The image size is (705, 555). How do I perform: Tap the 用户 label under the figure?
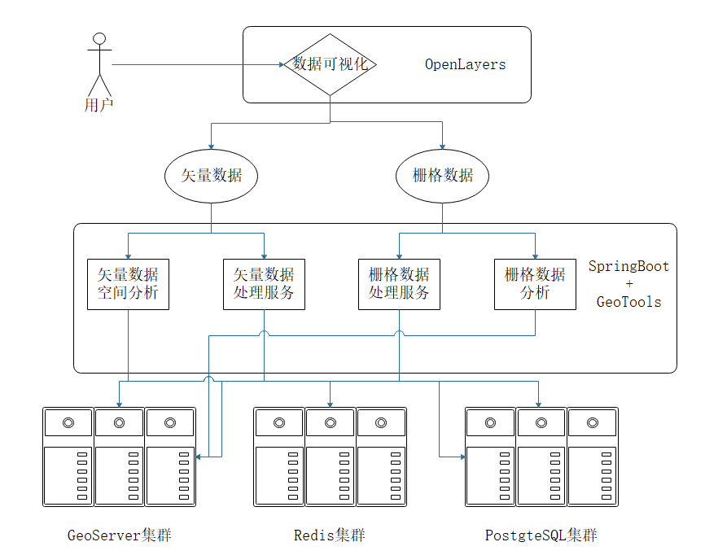(99, 105)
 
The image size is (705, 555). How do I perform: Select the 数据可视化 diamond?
(330, 64)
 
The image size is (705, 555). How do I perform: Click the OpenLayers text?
(465, 64)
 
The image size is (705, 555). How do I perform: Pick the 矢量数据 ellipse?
(211, 176)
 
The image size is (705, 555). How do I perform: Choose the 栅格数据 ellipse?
(442, 176)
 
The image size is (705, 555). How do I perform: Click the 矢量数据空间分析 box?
(128, 283)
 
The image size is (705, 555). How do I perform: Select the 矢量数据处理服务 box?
(264, 283)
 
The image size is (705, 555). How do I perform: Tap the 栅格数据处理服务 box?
(399, 283)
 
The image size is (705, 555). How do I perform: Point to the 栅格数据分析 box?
(535, 283)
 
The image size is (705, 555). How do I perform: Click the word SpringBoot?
(628, 266)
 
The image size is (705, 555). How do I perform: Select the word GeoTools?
(628, 302)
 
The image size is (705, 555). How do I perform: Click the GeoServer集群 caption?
(120, 535)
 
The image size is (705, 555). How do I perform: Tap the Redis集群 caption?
(330, 535)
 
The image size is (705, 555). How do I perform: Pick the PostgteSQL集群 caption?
(541, 535)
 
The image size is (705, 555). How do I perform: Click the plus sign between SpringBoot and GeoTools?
(628, 284)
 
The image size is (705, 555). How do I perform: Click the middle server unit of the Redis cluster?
(330, 457)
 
